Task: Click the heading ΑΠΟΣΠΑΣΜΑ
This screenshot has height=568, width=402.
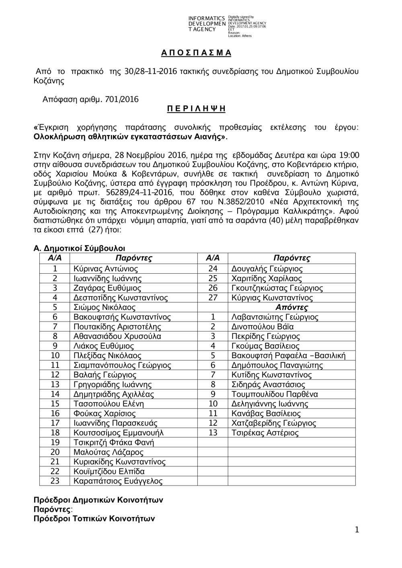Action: coord(196,53)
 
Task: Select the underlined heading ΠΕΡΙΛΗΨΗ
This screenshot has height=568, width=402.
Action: coord(196,109)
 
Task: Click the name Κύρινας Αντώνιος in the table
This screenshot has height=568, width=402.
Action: coord(106,269)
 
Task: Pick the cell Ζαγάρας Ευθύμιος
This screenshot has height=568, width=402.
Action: coord(107,288)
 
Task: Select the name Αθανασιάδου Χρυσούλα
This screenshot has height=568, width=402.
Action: coord(117,336)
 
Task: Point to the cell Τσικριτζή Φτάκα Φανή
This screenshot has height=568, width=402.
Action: coord(114,443)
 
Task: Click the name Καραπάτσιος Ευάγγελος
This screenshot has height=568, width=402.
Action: coord(118,481)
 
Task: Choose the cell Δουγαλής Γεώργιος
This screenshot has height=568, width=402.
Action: coord(267,269)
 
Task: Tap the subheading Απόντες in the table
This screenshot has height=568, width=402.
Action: coord(291,308)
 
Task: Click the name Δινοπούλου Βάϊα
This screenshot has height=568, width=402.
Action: coord(263,327)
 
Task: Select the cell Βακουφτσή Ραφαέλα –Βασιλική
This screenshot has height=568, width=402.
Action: coord(288,356)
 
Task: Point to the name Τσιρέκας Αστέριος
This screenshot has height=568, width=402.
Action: coord(265,433)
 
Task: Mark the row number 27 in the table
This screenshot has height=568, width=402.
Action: coord(213,298)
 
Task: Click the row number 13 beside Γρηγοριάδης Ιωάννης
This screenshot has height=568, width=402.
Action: coord(55,385)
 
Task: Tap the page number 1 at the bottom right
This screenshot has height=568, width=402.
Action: coord(357,530)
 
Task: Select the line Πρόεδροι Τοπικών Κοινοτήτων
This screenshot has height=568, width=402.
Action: coord(94,519)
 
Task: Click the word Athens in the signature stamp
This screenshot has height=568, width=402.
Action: coord(247,36)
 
